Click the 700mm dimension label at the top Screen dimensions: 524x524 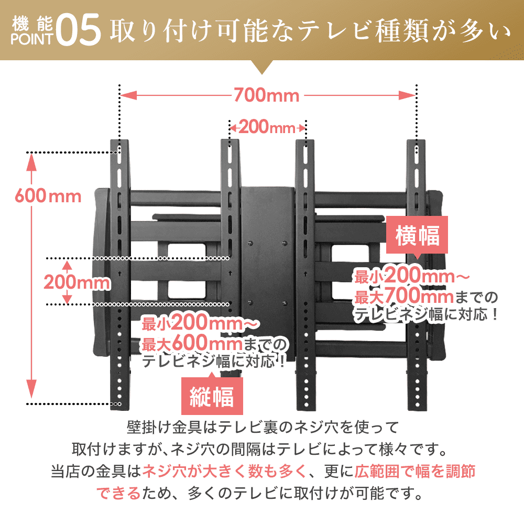[266, 96]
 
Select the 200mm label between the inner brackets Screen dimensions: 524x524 [267, 127]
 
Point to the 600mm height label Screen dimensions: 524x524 [48, 196]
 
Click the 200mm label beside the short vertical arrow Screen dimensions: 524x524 [77, 282]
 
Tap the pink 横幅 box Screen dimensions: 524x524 [417, 236]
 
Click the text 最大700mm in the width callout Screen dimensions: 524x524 [403, 297]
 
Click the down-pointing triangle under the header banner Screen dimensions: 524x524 [262, 67]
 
